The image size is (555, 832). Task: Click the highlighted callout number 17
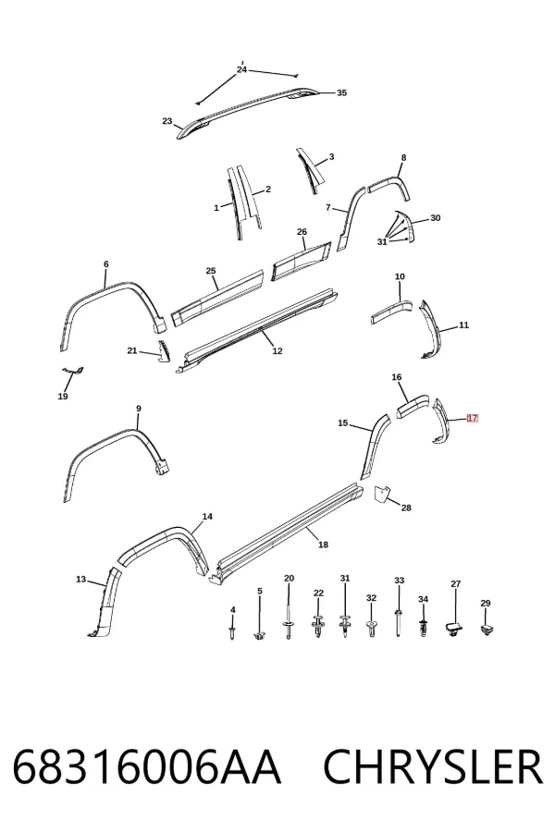point(472,418)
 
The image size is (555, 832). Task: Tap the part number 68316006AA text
point(146,767)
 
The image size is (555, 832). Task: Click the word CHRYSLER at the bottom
point(433,767)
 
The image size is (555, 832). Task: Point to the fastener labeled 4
point(232,632)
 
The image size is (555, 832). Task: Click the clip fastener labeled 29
point(486,630)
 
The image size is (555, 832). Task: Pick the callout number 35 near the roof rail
point(341,92)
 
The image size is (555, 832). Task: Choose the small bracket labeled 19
point(72,371)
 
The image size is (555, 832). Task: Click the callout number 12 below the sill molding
point(277,351)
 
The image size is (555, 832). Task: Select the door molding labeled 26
point(302,261)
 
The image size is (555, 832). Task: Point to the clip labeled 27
point(452,630)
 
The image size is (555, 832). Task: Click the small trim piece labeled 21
point(161,352)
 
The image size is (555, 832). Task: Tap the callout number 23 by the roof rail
point(167,121)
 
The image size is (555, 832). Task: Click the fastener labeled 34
point(424,629)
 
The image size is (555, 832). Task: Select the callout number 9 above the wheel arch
point(139,409)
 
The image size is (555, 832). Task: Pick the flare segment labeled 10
point(391,312)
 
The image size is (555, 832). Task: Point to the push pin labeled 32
point(371,629)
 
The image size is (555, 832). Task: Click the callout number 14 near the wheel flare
point(207,516)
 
